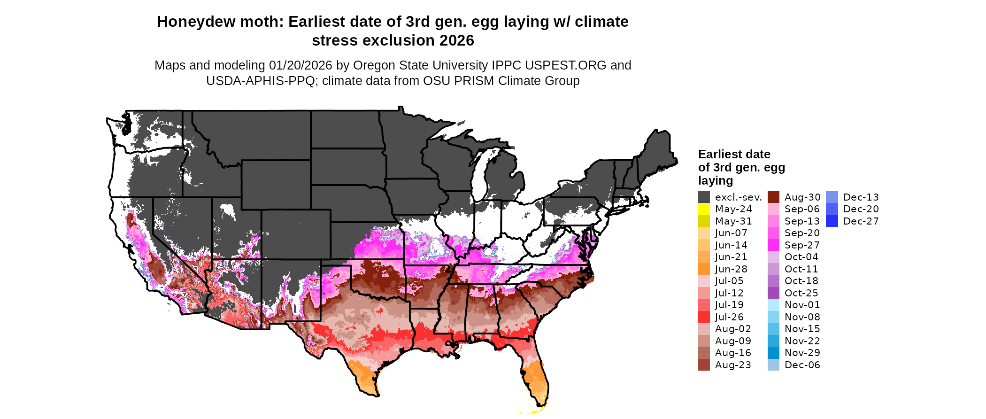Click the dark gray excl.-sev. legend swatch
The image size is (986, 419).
[704, 197]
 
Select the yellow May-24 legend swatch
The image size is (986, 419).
[704, 209]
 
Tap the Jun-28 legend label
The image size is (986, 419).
[731, 269]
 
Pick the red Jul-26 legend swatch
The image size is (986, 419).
[704, 317]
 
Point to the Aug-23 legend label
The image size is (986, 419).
[733, 365]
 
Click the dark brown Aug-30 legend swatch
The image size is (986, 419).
[773, 197]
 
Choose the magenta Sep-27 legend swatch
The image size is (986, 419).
[773, 245]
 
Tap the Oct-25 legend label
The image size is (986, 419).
[801, 293]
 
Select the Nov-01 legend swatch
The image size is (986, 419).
[773, 305]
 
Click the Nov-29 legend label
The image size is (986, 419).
[802, 353]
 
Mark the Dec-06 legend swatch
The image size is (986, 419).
[773, 365]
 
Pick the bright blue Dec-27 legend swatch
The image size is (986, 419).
[832, 221]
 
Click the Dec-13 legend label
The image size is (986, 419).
[861, 197]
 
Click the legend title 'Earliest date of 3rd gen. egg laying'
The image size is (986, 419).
[741, 167]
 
